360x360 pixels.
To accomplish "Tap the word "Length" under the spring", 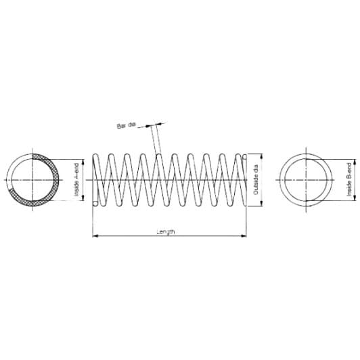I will click(166, 231).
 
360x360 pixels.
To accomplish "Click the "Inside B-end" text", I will click(348, 180).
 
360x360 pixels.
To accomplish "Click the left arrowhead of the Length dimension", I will click(94, 236).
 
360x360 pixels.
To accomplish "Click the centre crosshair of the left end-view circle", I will click(32, 180).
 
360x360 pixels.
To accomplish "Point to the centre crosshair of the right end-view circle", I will click(309, 180).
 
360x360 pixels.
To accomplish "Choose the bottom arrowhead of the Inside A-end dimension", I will click(83, 199).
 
